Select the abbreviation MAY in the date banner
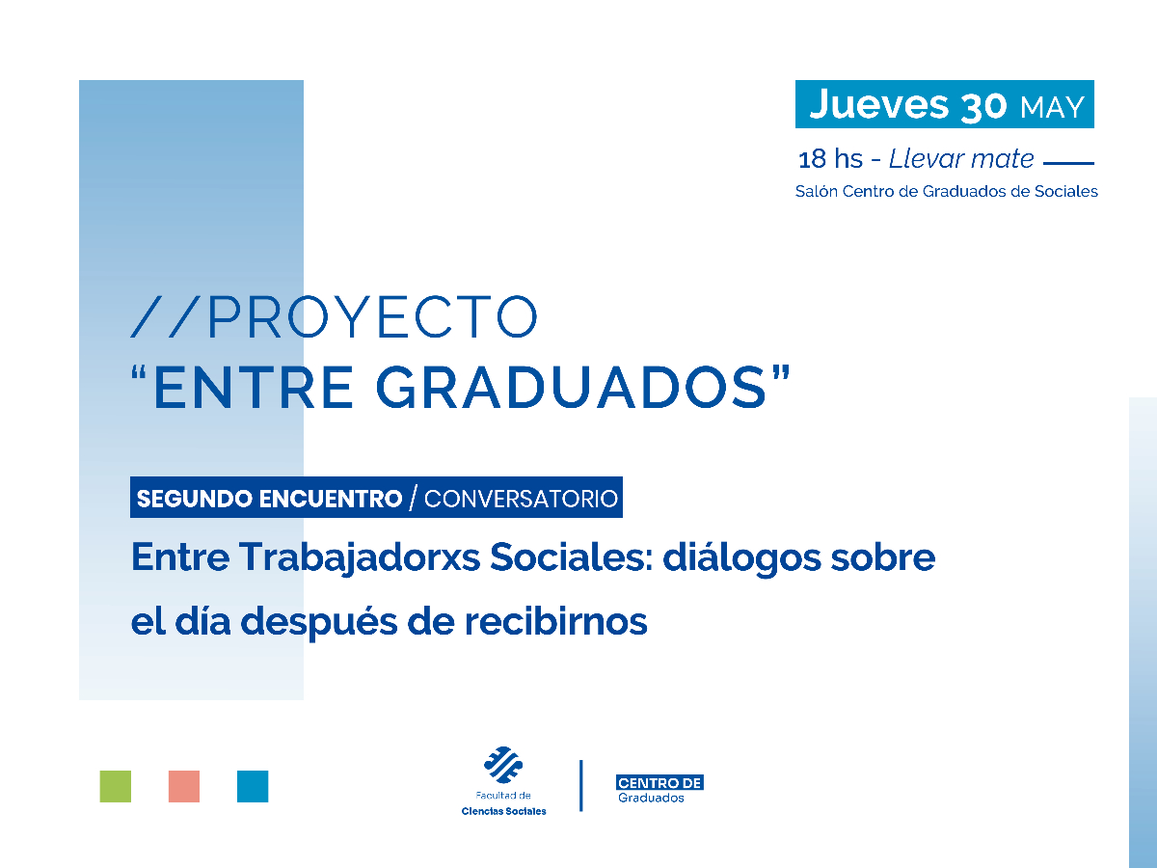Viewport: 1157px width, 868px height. click(x=1052, y=107)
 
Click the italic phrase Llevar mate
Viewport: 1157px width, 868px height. click(x=961, y=159)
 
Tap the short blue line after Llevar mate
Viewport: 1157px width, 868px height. click(x=1069, y=163)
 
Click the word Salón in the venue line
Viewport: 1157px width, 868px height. click(x=817, y=191)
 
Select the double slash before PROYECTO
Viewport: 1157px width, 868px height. click(x=166, y=316)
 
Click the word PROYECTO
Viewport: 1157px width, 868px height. click(x=371, y=316)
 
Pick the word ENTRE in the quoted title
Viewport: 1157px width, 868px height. click(x=256, y=386)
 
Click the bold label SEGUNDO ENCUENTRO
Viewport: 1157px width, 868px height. click(x=269, y=499)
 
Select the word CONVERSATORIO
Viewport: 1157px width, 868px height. click(x=521, y=499)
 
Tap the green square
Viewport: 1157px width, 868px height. click(x=116, y=786)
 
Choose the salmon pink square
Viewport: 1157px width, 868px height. click(x=183, y=786)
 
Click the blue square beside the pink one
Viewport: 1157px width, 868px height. click(x=253, y=786)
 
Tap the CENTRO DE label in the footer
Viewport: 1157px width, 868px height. click(x=659, y=782)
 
